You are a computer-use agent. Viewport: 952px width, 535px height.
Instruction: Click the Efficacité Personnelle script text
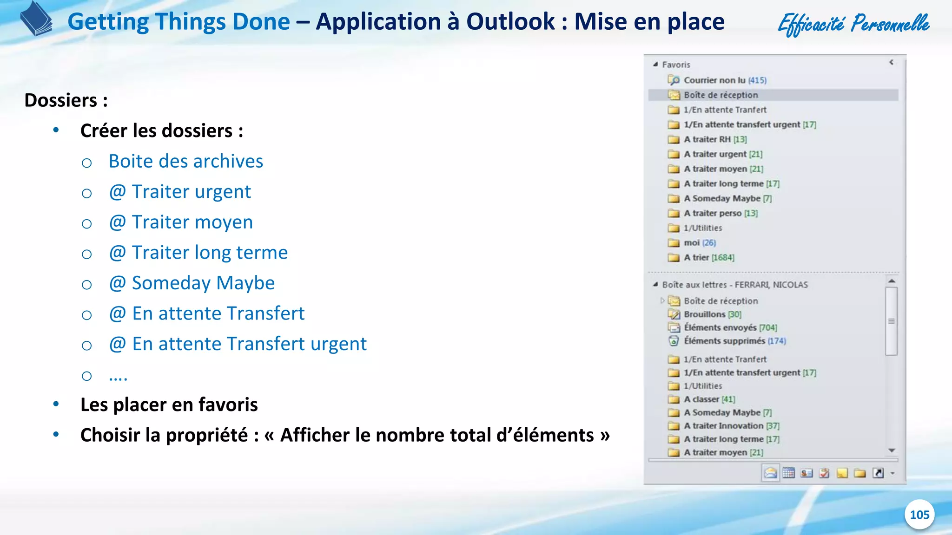(853, 23)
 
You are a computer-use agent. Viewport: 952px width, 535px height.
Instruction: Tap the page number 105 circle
(919, 515)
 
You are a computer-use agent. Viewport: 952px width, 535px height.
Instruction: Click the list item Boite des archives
(186, 161)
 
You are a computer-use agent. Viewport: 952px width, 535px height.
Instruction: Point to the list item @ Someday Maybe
(192, 283)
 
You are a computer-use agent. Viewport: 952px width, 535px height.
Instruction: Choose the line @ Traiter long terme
(198, 253)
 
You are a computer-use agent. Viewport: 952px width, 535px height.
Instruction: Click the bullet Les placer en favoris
(169, 405)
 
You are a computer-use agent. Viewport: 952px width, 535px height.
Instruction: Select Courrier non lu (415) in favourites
(724, 80)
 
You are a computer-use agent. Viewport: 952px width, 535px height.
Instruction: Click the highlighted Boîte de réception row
(721, 95)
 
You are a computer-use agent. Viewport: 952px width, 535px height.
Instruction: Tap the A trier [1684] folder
(708, 258)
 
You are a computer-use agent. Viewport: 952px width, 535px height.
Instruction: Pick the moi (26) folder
(699, 243)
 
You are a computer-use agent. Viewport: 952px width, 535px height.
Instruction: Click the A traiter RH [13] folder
(715, 139)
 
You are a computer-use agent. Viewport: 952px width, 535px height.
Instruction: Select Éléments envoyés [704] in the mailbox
(730, 328)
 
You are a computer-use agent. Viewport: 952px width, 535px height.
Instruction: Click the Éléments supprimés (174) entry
(734, 341)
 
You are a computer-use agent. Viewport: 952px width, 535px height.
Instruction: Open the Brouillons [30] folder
(712, 314)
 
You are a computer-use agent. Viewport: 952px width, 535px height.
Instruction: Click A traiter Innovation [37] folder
(731, 426)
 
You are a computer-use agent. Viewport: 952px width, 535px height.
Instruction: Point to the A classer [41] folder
(709, 399)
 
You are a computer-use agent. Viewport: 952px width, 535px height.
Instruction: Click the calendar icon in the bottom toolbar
(788, 473)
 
